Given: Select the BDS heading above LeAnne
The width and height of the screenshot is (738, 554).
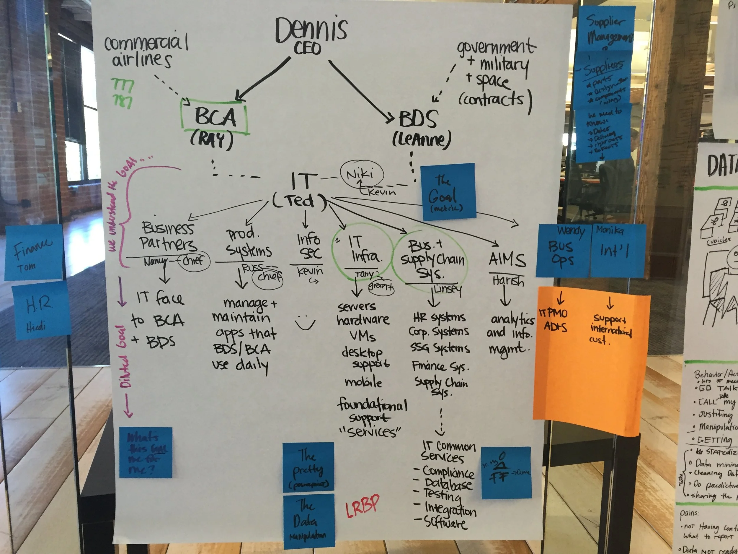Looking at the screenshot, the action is pyautogui.click(x=418, y=119).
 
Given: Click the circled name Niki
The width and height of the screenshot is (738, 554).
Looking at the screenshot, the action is pyautogui.click(x=361, y=174).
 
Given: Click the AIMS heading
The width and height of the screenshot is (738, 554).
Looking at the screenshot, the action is pyautogui.click(x=507, y=259).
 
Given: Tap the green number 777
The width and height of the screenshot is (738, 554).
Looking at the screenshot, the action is pyautogui.click(x=122, y=85).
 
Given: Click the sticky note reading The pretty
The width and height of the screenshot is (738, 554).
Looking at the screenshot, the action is pyautogui.click(x=308, y=467).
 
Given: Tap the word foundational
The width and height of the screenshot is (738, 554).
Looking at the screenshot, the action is pyautogui.click(x=372, y=405).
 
